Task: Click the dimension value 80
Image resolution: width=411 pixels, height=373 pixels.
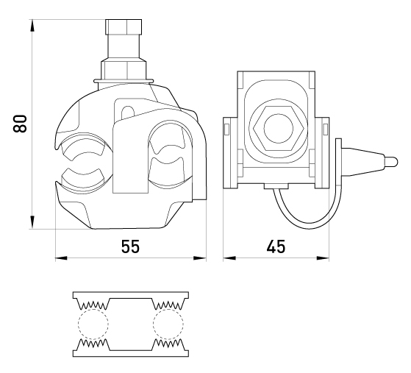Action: pyautogui.click(x=20, y=124)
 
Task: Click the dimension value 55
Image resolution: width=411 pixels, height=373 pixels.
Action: pyautogui.click(x=130, y=246)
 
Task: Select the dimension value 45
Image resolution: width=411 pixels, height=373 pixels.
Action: pyautogui.click(x=276, y=246)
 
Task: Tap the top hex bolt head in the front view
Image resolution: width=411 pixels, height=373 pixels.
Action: pyautogui.click(x=124, y=26)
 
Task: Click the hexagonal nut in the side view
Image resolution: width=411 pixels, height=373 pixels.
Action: pyautogui.click(x=279, y=128)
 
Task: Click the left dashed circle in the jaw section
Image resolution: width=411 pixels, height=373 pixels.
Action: pyautogui.click(x=93, y=324)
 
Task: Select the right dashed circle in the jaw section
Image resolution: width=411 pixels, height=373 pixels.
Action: pyautogui.click(x=168, y=324)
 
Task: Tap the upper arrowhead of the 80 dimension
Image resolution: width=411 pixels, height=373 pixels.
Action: pyautogui.click(x=32, y=26)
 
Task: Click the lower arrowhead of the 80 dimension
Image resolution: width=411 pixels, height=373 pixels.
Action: pyautogui.click(x=32, y=222)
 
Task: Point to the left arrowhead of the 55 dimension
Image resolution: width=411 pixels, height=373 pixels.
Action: pyautogui.click(x=61, y=258)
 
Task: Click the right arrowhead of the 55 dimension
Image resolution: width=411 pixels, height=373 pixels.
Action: pyautogui.click(x=200, y=258)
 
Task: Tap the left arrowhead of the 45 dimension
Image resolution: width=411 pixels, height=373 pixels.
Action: pyautogui.click(x=229, y=258)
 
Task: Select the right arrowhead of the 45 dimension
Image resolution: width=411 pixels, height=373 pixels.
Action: pyautogui.click(x=323, y=258)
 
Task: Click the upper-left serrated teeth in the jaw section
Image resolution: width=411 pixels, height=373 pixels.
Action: pyautogui.click(x=93, y=305)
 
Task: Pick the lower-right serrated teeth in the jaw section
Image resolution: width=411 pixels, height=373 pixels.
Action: pyautogui.click(x=168, y=343)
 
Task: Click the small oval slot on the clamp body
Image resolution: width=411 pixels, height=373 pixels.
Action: pyautogui.click(x=128, y=112)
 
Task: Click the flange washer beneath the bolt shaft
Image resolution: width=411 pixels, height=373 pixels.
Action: pyautogui.click(x=124, y=80)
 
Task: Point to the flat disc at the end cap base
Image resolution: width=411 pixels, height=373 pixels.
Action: pyautogui.click(x=339, y=162)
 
